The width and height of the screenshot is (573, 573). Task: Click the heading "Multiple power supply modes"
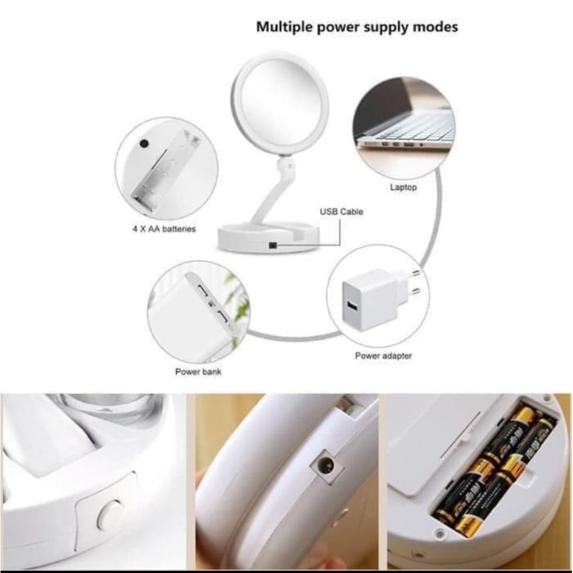[x=357, y=27]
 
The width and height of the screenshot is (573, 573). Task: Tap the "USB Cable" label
[x=341, y=212]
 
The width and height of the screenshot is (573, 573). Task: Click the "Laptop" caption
[x=403, y=187]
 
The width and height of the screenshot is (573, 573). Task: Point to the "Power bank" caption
[x=198, y=372]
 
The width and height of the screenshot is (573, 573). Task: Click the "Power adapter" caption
[x=383, y=355]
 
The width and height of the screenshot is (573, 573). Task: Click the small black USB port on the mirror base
[x=273, y=245]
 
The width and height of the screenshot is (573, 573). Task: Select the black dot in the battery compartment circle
[x=144, y=143]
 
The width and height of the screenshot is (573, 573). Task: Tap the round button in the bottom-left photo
[x=110, y=515]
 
